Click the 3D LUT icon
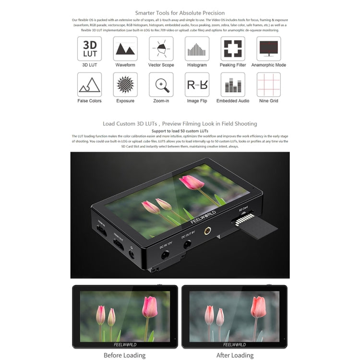click(x=89, y=48)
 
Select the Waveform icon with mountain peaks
click(x=125, y=48)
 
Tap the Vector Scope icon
click(x=161, y=48)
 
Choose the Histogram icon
click(x=197, y=48)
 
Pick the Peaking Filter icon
click(x=233, y=48)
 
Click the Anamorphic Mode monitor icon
click(x=269, y=48)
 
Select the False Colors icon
click(x=89, y=84)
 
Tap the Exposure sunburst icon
click(x=125, y=84)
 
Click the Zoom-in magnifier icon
click(x=161, y=84)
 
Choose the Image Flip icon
click(x=197, y=84)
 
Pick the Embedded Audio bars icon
click(x=233, y=84)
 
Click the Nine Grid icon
click(x=269, y=84)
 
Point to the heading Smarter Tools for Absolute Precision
click(x=180, y=13)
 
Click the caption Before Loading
click(x=124, y=355)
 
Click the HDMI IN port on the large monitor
click(x=102, y=232)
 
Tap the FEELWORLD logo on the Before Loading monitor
click(x=125, y=344)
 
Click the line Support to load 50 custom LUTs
click(x=180, y=131)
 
